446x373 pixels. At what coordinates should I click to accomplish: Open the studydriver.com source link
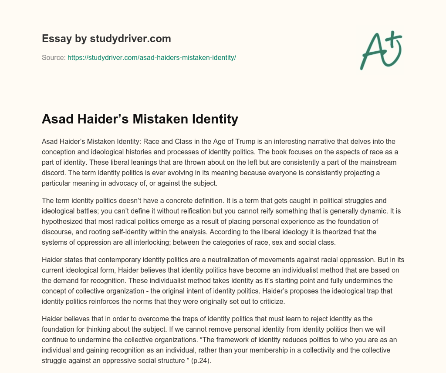[x=152, y=57]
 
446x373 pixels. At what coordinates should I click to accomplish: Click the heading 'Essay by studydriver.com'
[x=106, y=39]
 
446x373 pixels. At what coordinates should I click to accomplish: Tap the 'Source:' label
[x=54, y=57]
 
